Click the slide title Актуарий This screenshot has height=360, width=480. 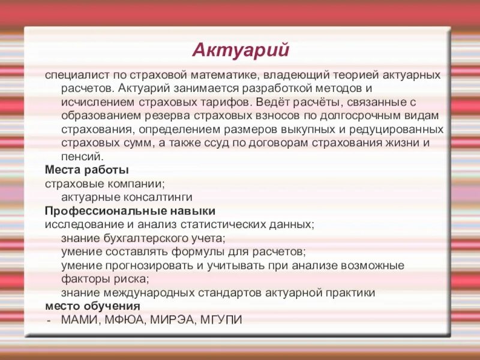tap(241, 50)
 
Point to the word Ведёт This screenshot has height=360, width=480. tap(274, 102)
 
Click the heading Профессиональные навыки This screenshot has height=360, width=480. tap(130, 211)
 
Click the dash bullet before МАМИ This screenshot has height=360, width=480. tap(49, 320)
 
